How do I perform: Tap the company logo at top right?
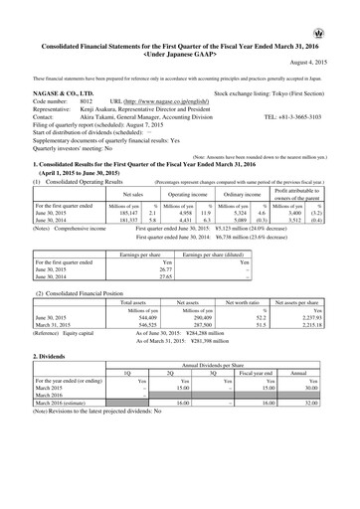pos(344,8)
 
